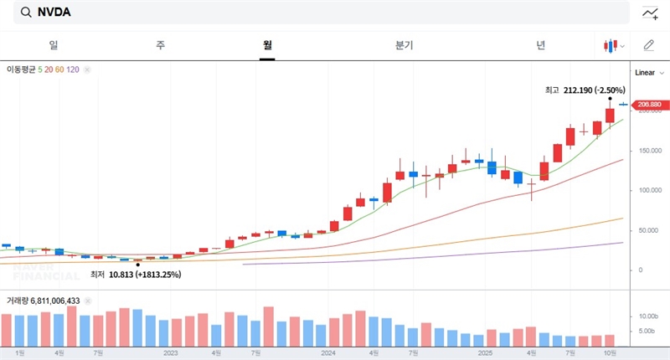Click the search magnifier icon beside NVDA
(x=25, y=13)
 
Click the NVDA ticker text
(x=54, y=13)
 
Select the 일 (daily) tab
(x=54, y=45)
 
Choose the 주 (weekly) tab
(x=160, y=45)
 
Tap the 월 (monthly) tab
(x=267, y=45)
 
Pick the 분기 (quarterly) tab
(x=404, y=45)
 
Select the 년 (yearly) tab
(x=542, y=45)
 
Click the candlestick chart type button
(x=614, y=45)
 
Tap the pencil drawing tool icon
(x=649, y=45)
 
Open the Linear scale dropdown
(x=648, y=73)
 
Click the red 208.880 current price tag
(x=649, y=105)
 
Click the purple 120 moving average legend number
(x=73, y=69)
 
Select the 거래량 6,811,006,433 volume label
(x=44, y=300)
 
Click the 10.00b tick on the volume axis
(x=649, y=316)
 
